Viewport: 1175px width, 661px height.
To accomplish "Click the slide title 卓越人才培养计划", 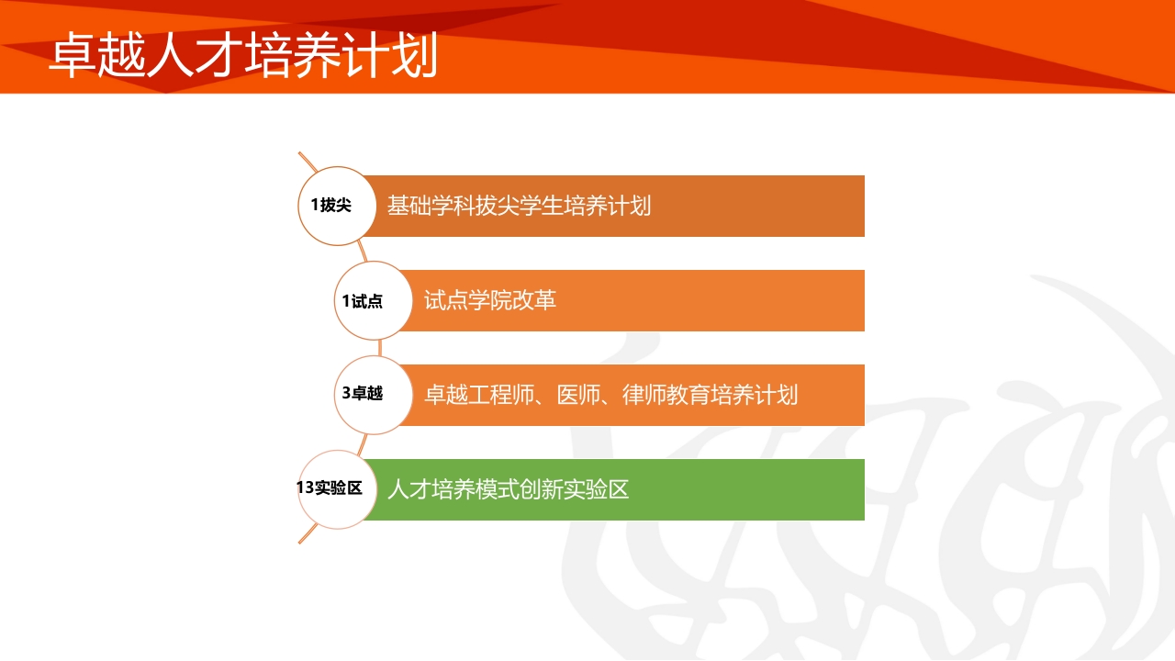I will [243, 57].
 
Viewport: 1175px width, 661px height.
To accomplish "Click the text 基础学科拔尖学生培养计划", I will [519, 206].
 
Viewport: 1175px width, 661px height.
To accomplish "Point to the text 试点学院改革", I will [490, 300].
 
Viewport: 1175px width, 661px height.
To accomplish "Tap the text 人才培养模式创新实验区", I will [508, 489].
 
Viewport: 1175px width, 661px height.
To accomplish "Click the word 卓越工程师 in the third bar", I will [478, 395].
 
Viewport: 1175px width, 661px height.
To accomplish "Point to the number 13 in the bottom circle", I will [306, 488].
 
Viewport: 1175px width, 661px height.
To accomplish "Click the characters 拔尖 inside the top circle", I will [336, 206].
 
